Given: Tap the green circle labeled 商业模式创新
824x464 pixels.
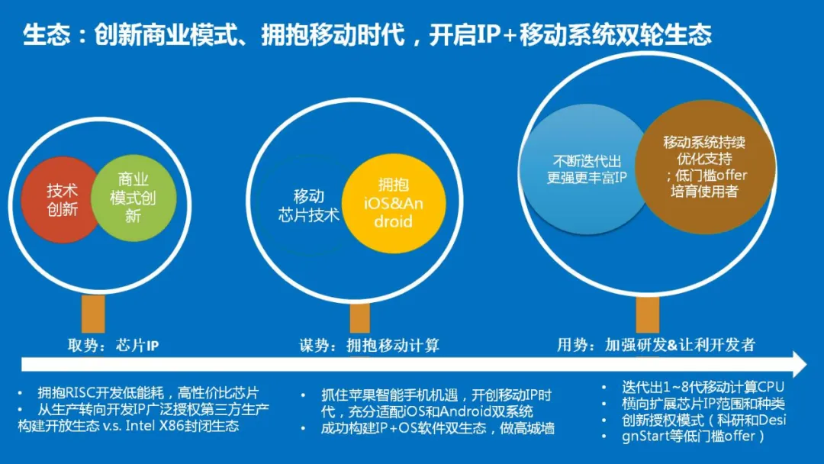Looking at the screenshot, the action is coord(134,198).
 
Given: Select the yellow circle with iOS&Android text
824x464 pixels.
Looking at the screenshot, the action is coord(394,203).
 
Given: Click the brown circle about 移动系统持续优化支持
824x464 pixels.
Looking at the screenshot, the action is coord(705,167).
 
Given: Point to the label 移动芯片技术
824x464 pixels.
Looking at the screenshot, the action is coord(308,205).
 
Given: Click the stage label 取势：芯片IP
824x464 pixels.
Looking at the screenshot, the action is coord(113,345).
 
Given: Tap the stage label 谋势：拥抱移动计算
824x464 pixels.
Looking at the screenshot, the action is coord(369,345).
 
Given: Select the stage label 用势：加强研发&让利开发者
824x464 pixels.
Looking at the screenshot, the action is coord(656,345).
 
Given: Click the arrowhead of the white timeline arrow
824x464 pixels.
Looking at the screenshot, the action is coord(799,364).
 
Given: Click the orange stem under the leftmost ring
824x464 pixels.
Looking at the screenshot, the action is coord(93,314).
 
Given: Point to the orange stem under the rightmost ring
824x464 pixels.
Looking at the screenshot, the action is coord(648,314).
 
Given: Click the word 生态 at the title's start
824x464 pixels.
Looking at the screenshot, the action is coord(47,35).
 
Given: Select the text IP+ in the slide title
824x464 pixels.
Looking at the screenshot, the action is coord(491,35).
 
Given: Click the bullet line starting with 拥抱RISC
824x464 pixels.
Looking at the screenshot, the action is coord(148,392).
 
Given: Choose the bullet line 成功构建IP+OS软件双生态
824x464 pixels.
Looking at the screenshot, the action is coord(438,428).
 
